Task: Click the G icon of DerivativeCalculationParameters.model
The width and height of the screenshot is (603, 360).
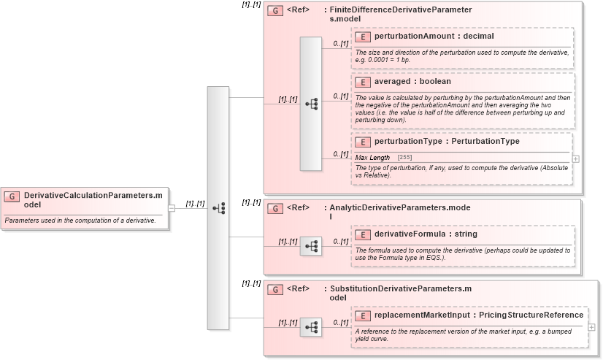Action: coord(12,196)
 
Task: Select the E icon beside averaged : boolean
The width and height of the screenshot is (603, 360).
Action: coord(363,82)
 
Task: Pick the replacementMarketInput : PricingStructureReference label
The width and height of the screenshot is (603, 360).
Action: coord(478,315)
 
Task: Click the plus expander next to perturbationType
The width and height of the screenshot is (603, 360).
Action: coord(576,158)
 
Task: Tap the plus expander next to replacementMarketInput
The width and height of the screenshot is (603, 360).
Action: coord(591,326)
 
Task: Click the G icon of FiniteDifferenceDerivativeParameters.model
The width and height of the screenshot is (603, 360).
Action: coord(275,11)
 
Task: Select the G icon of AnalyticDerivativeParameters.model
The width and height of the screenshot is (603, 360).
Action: coord(275,209)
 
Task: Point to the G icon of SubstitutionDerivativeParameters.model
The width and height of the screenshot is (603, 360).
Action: coord(275,289)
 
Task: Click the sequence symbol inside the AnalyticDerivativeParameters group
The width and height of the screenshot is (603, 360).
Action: coord(311,246)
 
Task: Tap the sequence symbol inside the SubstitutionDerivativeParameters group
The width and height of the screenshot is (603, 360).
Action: coord(311,326)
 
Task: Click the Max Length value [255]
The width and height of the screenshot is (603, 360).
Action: coord(404,158)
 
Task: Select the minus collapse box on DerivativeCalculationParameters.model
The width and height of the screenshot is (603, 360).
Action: coord(172,207)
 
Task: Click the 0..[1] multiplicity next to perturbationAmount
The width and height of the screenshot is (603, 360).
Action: coord(341,44)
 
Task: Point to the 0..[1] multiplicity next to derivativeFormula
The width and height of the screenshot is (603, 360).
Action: coord(340,242)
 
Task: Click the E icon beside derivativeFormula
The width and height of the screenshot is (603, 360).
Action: coord(363,234)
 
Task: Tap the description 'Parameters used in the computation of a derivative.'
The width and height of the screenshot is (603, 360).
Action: coord(80,220)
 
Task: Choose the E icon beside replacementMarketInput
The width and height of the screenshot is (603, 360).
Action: coord(363,315)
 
